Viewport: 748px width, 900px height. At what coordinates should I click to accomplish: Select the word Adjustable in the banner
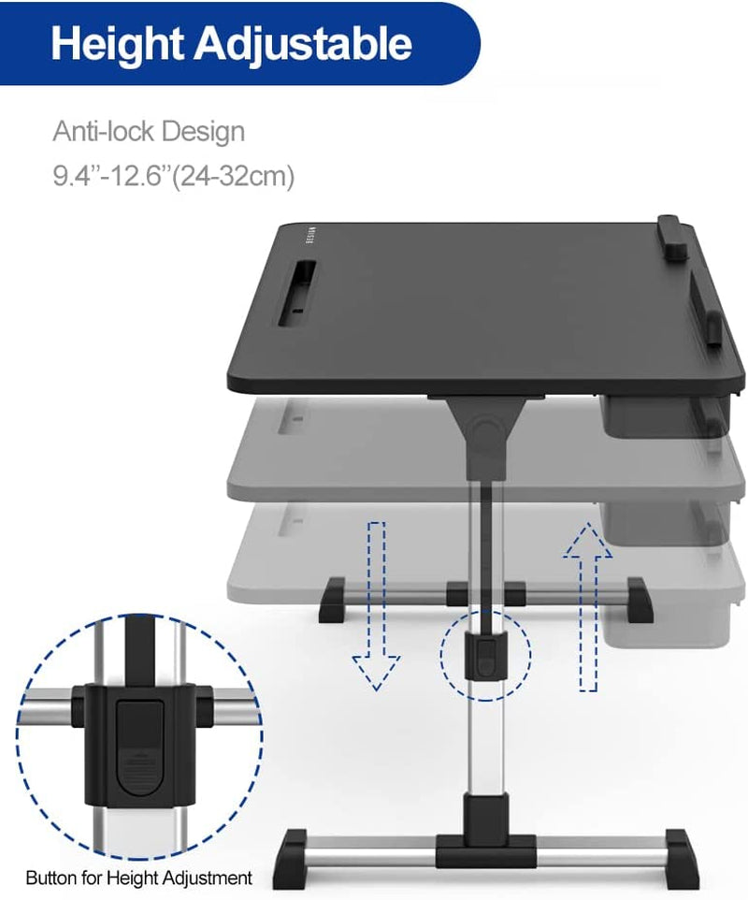(x=304, y=44)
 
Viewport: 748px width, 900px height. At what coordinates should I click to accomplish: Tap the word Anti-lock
(x=104, y=131)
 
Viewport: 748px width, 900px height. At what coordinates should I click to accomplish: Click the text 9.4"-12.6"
(x=111, y=175)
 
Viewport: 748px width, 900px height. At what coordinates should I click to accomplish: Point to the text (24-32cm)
(x=233, y=176)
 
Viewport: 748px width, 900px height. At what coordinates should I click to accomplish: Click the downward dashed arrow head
(x=376, y=672)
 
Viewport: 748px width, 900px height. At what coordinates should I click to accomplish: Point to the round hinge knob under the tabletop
(x=486, y=430)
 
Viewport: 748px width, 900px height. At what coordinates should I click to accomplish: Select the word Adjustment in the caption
(x=207, y=878)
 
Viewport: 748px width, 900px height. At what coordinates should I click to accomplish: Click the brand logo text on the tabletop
(x=313, y=237)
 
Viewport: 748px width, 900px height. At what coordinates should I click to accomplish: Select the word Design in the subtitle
(x=203, y=132)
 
